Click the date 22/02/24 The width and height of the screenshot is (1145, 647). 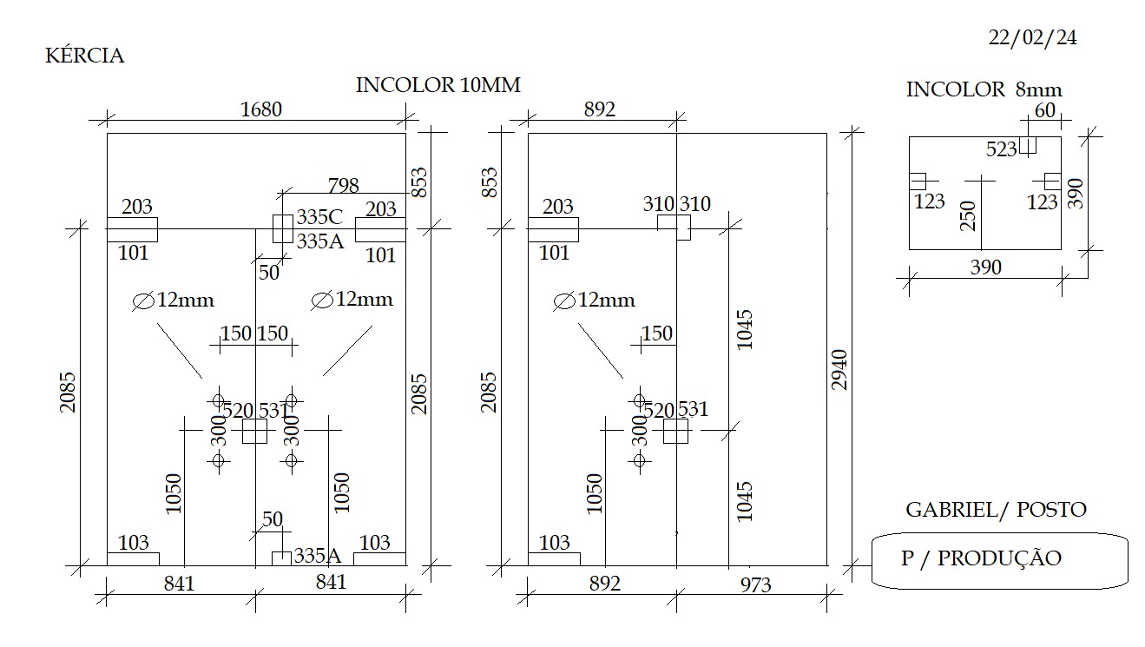pyautogui.click(x=1032, y=38)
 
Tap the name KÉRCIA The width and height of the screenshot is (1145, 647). pyautogui.click(x=85, y=56)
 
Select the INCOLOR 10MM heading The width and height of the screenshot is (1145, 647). pyautogui.click(x=438, y=85)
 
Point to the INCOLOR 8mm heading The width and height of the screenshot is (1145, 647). pyautogui.click(x=984, y=89)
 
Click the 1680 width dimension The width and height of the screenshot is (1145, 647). pyautogui.click(x=261, y=109)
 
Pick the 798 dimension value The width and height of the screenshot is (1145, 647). pyautogui.click(x=344, y=185)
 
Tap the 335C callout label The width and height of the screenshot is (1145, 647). pyautogui.click(x=319, y=217)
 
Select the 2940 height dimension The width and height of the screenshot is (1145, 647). pyautogui.click(x=839, y=370)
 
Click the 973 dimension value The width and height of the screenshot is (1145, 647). pyautogui.click(x=755, y=584)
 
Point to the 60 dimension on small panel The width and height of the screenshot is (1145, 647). pyautogui.click(x=1045, y=110)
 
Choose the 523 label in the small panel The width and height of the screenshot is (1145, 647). pyautogui.click(x=1002, y=149)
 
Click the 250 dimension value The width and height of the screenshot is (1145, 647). pyautogui.click(x=968, y=216)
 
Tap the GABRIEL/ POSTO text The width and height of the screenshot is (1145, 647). pyautogui.click(x=996, y=510)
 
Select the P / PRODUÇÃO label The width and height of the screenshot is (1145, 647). pyautogui.click(x=981, y=558)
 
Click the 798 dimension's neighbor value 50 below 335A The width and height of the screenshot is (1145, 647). pyautogui.click(x=269, y=273)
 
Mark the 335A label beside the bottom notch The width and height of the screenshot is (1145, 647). pyautogui.click(x=318, y=556)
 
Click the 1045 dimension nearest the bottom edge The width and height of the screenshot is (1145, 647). pyautogui.click(x=745, y=501)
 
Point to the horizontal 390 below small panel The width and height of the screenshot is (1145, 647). pyautogui.click(x=985, y=267)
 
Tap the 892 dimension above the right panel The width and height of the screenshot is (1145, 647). pyautogui.click(x=600, y=109)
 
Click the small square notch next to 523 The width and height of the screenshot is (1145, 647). pyautogui.click(x=1028, y=145)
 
